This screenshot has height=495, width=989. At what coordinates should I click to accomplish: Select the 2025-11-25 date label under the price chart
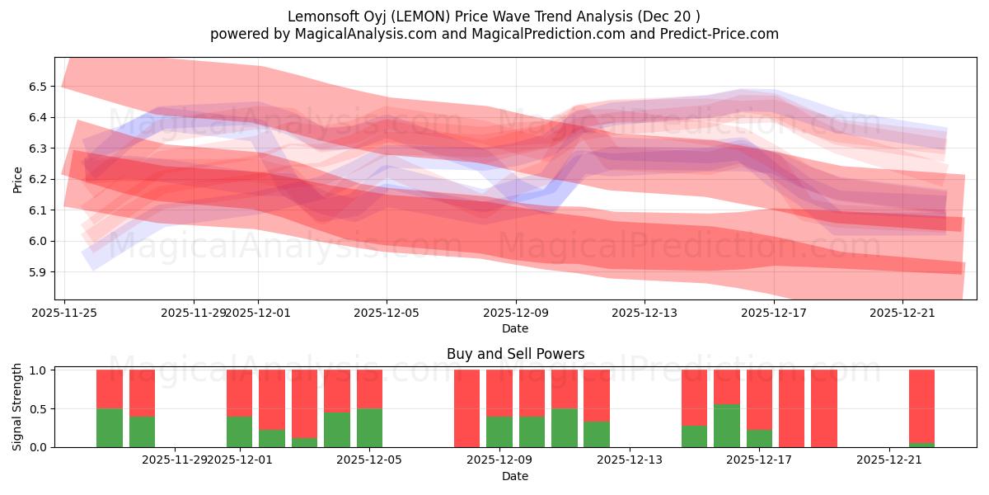click(64, 313)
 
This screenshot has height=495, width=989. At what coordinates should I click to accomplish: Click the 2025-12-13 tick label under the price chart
click(644, 313)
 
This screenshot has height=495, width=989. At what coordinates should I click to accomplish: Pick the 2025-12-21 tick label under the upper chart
click(902, 313)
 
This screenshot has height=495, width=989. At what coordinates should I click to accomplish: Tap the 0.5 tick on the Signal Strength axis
click(38, 409)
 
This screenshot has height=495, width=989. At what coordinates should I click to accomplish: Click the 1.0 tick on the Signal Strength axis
click(38, 370)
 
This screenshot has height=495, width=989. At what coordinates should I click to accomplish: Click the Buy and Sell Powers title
click(515, 354)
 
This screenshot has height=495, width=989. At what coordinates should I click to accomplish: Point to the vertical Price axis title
click(18, 178)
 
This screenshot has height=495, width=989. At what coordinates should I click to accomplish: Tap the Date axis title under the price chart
click(515, 328)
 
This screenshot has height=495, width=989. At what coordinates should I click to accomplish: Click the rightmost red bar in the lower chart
click(921, 406)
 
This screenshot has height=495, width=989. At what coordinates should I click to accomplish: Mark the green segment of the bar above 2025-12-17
click(759, 438)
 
